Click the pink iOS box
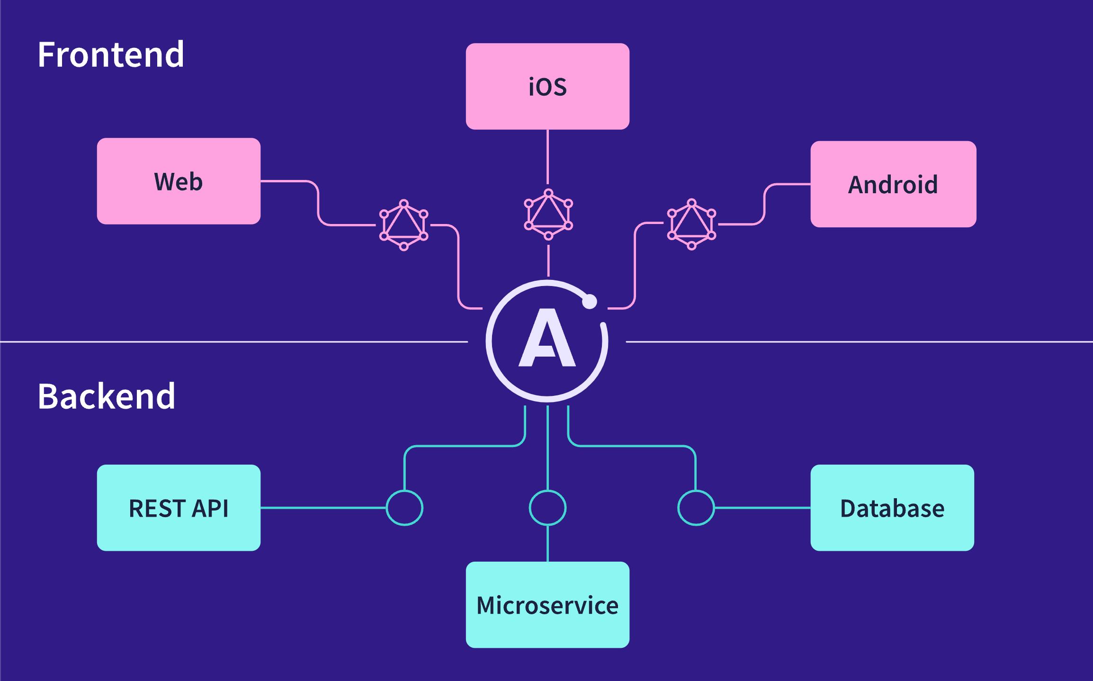pos(547,86)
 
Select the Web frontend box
pos(179,181)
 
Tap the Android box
pos(893,184)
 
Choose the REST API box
pos(179,508)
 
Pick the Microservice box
pos(547,605)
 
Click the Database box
pos(892,508)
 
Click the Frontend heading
pos(111,55)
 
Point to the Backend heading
pos(107,396)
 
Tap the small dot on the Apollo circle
pos(590,301)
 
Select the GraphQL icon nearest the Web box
pos(404,225)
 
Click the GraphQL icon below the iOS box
pos(548,215)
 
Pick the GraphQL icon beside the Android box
pos(691,224)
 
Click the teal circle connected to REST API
pos(404,508)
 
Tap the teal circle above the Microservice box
pos(547,508)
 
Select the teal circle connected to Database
pos(696,508)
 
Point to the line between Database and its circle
pos(762,508)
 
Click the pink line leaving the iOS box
pos(547,156)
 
